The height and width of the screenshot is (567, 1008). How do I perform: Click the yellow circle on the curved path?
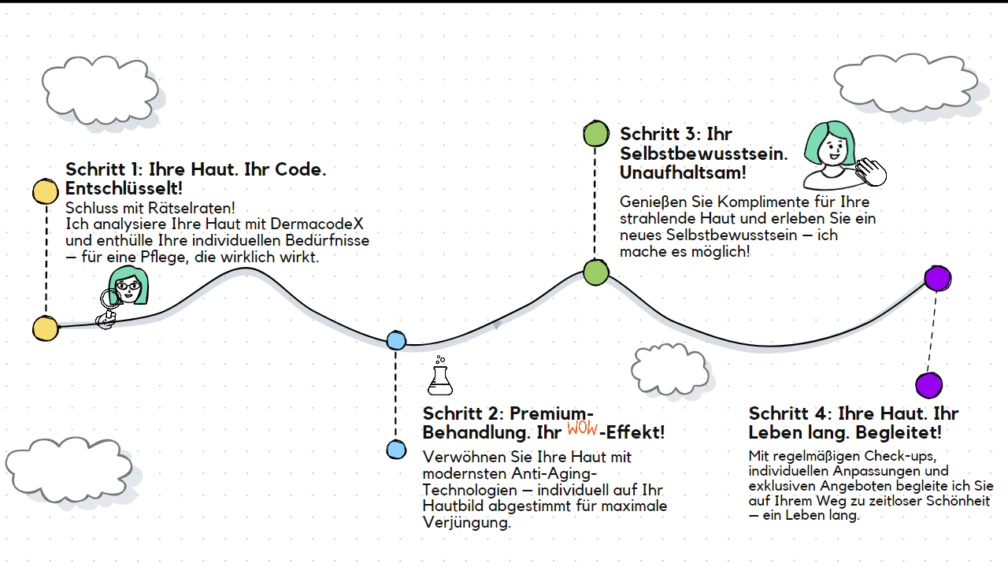pyautogui.click(x=46, y=328)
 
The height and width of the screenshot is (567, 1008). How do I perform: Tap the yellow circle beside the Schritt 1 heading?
pyautogui.click(x=46, y=192)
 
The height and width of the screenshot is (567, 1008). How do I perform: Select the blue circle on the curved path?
pyautogui.click(x=396, y=340)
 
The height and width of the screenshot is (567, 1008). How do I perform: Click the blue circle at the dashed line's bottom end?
pyautogui.click(x=396, y=450)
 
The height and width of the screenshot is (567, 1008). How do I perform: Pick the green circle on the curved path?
pyautogui.click(x=596, y=272)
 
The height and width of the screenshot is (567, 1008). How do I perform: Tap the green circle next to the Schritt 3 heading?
pyautogui.click(x=596, y=134)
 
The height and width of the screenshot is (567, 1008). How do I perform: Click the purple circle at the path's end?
pyautogui.click(x=937, y=278)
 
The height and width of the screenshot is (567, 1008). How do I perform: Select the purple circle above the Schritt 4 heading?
pyautogui.click(x=928, y=385)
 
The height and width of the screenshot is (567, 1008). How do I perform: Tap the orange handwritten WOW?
pyautogui.click(x=582, y=428)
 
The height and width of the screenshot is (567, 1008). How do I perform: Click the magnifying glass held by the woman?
pyautogui.click(x=109, y=298)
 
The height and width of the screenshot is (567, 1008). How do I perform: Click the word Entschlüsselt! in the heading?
pyautogui.click(x=124, y=189)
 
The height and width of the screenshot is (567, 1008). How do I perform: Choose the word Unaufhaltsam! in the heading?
pyautogui.click(x=683, y=173)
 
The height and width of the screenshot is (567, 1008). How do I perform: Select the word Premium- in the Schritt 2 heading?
pyautogui.click(x=551, y=413)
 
